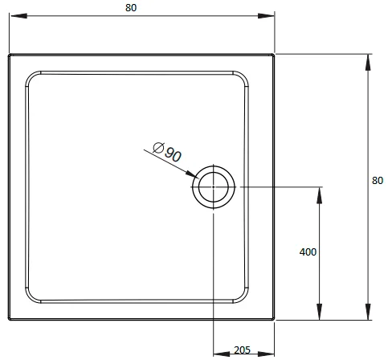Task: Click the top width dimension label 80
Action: click(131, 8)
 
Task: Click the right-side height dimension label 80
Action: click(378, 181)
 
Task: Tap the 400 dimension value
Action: click(308, 252)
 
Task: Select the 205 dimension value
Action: click(242, 350)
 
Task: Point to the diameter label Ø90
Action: click(167, 152)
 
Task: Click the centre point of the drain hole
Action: click(214, 187)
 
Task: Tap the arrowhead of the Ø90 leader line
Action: click(193, 174)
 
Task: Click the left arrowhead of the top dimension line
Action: click(18, 16)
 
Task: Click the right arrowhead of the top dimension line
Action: click(266, 16)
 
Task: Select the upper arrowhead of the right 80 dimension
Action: click(368, 63)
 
